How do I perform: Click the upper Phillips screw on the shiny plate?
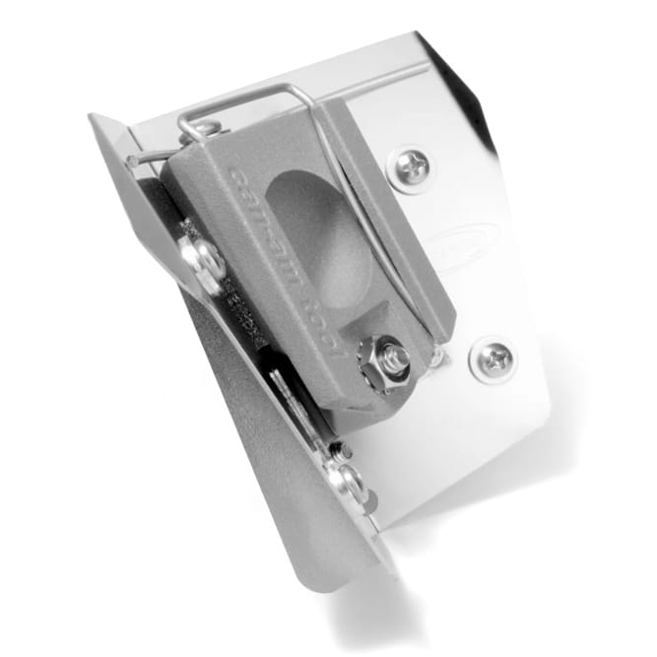[412, 169]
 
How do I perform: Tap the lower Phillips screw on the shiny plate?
[492, 360]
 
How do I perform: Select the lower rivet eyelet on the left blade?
[346, 483]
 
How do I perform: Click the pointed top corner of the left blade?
[94, 119]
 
